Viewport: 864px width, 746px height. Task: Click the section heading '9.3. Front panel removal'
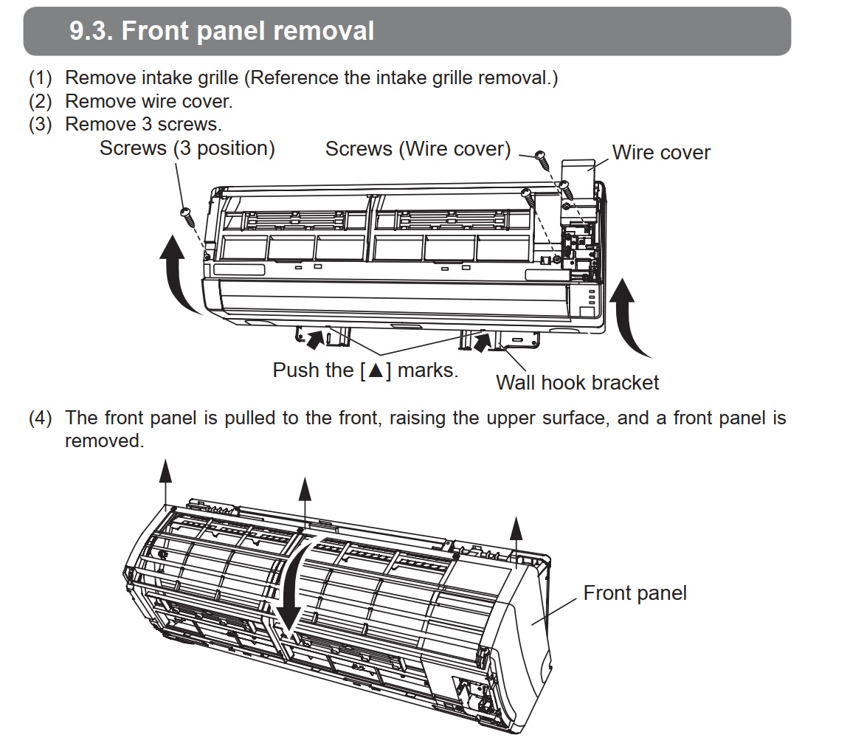221,31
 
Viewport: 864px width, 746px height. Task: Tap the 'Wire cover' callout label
661,153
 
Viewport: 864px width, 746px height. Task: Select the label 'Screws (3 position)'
187,148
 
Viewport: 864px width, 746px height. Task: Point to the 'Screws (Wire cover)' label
418,149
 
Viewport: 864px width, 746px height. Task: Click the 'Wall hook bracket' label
577,382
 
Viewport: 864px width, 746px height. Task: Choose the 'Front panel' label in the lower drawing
635,593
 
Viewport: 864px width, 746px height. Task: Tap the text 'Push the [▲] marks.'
365,370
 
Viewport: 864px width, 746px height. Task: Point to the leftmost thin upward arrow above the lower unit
165,480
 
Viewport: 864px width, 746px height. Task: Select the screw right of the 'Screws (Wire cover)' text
541,156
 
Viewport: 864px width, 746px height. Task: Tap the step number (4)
41,418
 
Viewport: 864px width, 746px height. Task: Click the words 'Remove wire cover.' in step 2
148,100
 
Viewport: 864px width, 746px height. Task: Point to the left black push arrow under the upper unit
315,339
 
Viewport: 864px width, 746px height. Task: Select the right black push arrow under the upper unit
483,342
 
